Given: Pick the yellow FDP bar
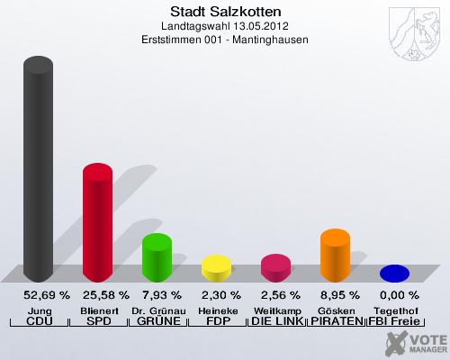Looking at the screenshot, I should coord(216,267).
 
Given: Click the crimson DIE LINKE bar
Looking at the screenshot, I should coord(275,267).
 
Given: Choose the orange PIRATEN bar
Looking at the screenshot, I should coord(335,255).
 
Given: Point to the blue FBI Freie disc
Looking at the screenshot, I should coord(394,273).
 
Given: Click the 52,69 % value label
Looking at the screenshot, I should coord(38,294).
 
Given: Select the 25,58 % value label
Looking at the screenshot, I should coord(97,294).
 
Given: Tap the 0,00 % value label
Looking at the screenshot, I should coord(394,294).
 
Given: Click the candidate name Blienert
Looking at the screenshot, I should coord(97,310).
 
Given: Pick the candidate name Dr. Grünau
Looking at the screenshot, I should coord(157,310).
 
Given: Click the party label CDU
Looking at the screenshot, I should coord(38,321).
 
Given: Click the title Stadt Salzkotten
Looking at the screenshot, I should coord(225,13).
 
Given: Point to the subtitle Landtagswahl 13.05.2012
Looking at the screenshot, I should coord(225,26).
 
